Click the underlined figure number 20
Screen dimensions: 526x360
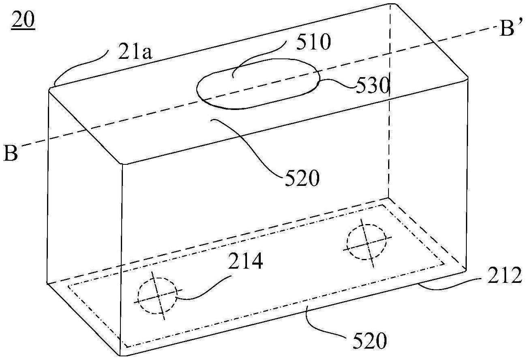click(23, 21)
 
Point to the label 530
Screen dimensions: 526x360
click(372, 85)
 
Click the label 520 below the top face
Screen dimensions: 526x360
click(302, 178)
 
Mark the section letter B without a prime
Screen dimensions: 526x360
click(11, 153)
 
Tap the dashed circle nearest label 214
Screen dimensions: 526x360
click(157, 295)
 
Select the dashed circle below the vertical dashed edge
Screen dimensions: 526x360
click(367, 242)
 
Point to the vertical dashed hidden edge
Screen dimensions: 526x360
click(389, 101)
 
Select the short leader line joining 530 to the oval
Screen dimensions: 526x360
click(337, 84)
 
